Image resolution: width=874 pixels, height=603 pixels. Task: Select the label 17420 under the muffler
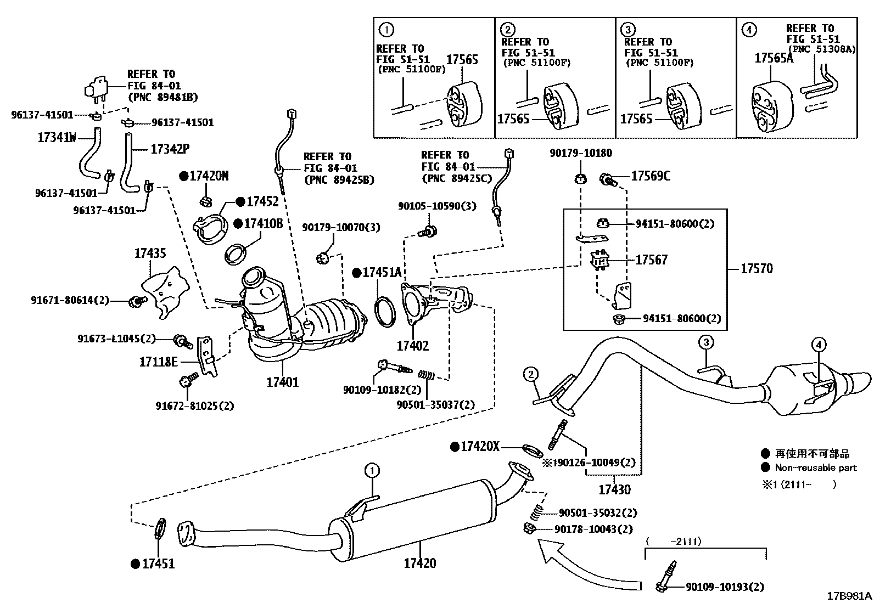[420, 563]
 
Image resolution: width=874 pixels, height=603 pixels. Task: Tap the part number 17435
[150, 253]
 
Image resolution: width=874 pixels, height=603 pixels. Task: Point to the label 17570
[757, 268]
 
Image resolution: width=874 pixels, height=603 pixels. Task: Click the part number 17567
[652, 260]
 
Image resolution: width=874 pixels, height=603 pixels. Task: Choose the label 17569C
[651, 176]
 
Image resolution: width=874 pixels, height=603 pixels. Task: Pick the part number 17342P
[166, 149]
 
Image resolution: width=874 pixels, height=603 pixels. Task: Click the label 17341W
[57, 138]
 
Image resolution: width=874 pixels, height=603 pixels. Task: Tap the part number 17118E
[158, 362]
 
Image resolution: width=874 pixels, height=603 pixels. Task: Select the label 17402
[413, 346]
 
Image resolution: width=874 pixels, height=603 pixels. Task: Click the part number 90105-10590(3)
[437, 206]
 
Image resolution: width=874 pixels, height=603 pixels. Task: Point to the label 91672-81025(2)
[194, 406]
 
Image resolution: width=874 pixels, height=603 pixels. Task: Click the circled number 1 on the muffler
[372, 470]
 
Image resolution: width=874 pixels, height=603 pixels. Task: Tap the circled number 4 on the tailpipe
[818, 345]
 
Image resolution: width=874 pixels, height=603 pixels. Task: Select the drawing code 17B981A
[849, 595]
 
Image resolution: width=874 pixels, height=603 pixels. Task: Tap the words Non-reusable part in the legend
[815, 468]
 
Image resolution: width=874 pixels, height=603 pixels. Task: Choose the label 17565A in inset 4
[774, 59]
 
